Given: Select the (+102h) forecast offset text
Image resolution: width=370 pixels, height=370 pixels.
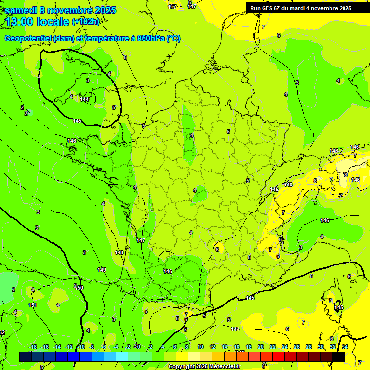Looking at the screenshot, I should click(86, 22).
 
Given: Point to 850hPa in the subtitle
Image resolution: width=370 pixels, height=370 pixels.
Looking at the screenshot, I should click(148, 39).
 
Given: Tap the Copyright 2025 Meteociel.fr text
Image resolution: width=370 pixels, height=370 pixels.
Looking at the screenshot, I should click(204, 367).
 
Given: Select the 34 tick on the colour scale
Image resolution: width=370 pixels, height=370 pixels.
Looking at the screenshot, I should click(345, 347).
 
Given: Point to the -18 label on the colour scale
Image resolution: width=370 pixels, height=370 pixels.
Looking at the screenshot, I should click(33, 347).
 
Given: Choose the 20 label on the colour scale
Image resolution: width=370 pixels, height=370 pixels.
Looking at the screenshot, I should click(261, 347).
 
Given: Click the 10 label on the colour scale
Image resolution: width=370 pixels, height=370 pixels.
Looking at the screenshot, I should click(200, 347).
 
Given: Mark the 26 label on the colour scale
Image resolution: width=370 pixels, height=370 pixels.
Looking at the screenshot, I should click(297, 347).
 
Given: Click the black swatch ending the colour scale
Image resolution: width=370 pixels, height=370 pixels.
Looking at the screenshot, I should click(338, 357).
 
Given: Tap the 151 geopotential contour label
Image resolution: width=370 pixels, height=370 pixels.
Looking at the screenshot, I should click(33, 305).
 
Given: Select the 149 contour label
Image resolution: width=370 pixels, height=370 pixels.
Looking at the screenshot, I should click(102, 270).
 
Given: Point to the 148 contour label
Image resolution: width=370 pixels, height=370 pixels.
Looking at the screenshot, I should click(119, 252).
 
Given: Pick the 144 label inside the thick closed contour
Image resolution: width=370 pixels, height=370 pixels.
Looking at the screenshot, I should click(84, 99).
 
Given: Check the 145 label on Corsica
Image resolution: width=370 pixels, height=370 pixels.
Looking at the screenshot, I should click(339, 307).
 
